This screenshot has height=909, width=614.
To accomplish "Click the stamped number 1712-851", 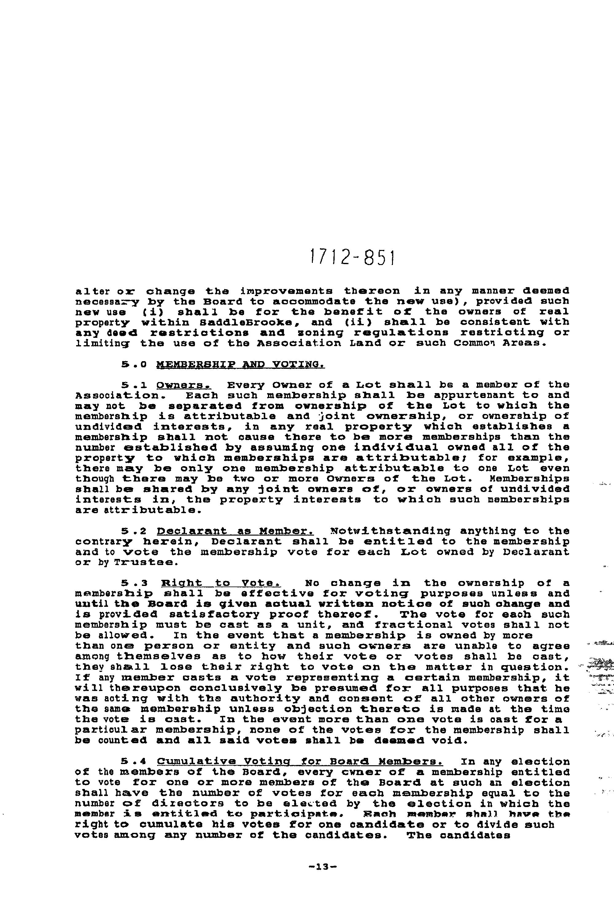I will (352, 257).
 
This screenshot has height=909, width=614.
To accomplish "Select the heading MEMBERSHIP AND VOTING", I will (240, 365).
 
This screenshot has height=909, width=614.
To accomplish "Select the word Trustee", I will (144, 563).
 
